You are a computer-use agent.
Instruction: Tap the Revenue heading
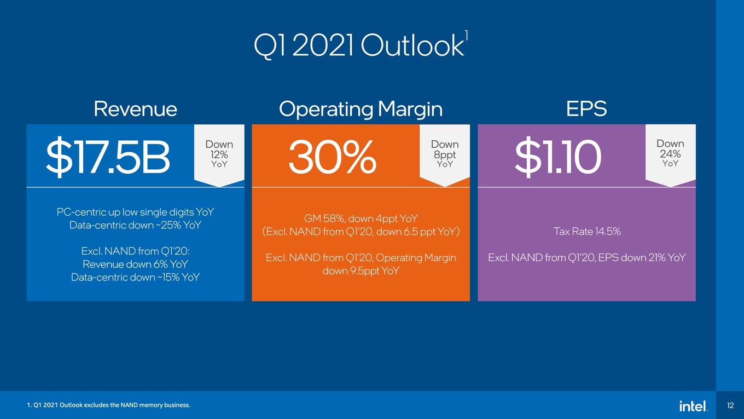[136, 109]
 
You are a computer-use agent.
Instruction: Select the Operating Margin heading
[361, 110]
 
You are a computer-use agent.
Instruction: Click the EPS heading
[586, 109]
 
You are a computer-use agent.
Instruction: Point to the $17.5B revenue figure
[108, 156]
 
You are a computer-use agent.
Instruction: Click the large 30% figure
[333, 156]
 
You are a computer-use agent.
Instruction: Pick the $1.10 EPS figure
[558, 156]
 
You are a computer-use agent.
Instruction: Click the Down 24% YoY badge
[671, 153]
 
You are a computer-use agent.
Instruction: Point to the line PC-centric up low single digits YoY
[135, 212]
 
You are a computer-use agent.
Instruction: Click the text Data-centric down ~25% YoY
[135, 225]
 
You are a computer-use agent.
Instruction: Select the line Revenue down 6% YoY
[135, 265]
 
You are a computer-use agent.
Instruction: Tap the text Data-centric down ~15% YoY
[135, 277]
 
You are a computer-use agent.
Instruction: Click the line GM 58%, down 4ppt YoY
[361, 219]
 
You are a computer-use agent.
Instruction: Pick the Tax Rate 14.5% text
[587, 232]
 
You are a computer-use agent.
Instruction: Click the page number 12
[730, 405]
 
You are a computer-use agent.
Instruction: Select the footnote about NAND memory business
[108, 405]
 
